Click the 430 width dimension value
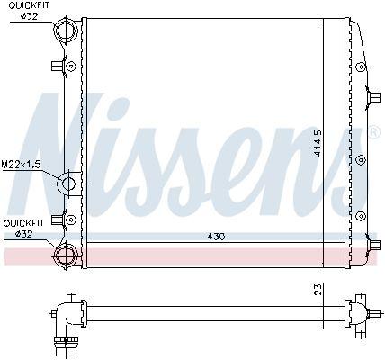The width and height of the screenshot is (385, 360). tap(216, 237)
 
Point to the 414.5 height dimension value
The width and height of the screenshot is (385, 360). tap(318, 143)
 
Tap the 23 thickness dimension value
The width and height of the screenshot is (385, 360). tap(318, 289)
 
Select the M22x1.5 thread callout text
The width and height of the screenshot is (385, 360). tap(21, 164)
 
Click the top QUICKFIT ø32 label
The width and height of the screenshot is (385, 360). tap(29, 11)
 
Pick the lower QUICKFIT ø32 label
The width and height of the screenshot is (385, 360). tap(23, 228)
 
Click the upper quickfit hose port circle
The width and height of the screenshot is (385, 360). tap(66, 31)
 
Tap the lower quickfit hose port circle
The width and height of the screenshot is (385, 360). tap(66, 256)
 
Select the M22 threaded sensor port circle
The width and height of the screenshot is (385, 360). tap(68, 183)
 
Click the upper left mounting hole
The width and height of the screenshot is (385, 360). tap(71, 67)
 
